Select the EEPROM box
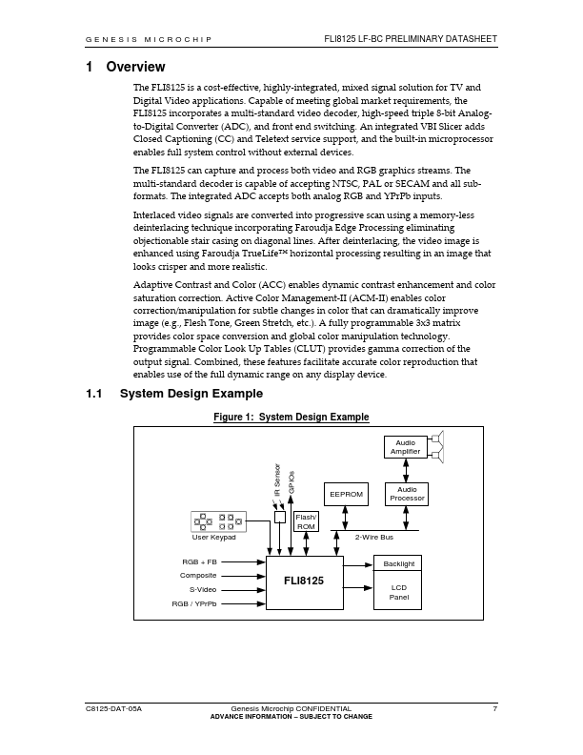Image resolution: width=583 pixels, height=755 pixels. point(345,496)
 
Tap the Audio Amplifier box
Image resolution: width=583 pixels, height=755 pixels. point(406,447)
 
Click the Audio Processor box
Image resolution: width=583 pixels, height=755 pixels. point(406,494)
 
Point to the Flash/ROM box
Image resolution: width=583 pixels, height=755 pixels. point(307,521)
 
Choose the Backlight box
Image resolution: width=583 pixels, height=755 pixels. point(398,564)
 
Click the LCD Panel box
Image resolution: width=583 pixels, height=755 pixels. point(398,592)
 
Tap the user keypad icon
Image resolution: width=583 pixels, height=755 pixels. point(218,521)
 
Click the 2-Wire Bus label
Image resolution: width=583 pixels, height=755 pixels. point(374,539)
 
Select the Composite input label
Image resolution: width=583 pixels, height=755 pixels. point(198,576)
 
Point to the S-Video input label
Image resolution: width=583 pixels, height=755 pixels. point(202,590)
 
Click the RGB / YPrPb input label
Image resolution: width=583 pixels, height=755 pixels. point(194,604)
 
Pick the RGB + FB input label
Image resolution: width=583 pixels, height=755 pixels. point(198,561)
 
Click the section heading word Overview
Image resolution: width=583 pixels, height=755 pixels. point(135,67)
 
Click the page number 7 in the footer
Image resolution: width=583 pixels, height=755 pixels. point(495,709)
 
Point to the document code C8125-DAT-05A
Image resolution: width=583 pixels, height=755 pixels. point(113,709)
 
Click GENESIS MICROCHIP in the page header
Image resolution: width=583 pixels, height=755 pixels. point(149,39)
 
